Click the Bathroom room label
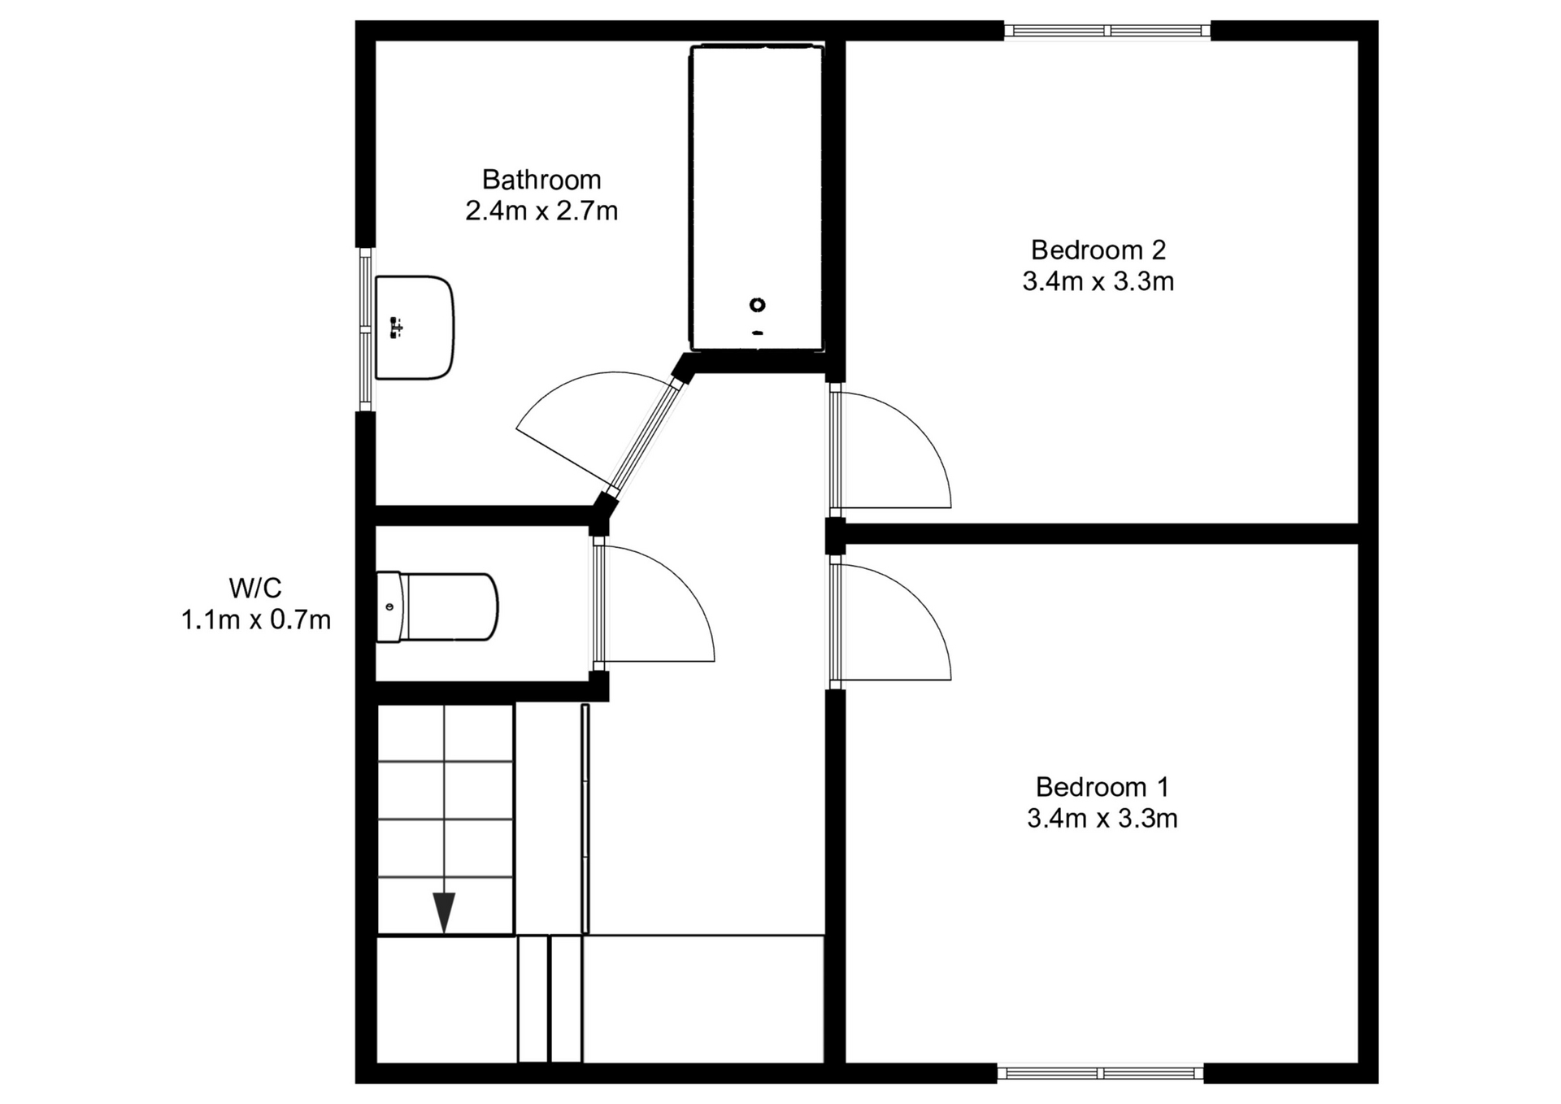pyautogui.click(x=541, y=180)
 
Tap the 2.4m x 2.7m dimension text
pyautogui.click(x=541, y=211)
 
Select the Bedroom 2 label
pyautogui.click(x=1098, y=250)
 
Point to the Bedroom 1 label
pyautogui.click(x=1102, y=786)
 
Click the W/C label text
pyautogui.click(x=255, y=587)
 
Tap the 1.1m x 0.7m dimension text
pyautogui.click(x=255, y=620)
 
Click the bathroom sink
pyautogui.click(x=414, y=328)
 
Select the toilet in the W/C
pyautogui.click(x=437, y=607)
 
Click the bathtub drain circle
pyautogui.click(x=757, y=305)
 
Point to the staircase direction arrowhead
pyautogui.click(x=444, y=912)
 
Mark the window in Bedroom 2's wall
pyautogui.click(x=1107, y=31)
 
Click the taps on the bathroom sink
pyautogui.click(x=396, y=328)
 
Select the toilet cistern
pyautogui.click(x=389, y=607)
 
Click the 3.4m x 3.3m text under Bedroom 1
pyautogui.click(x=1102, y=818)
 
